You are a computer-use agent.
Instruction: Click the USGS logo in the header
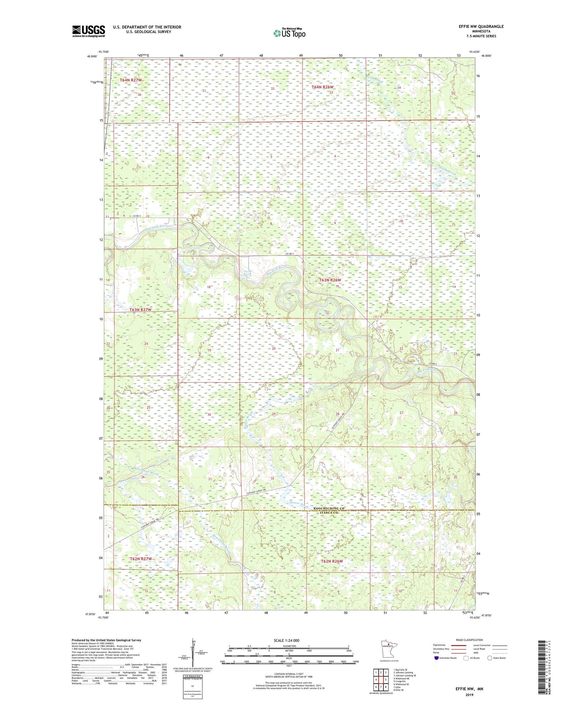pos(88,31)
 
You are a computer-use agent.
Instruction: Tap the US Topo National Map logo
pos(289,33)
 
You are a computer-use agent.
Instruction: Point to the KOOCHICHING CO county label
pos(329,508)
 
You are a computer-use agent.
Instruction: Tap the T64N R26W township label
pos(322,87)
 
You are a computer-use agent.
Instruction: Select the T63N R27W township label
pos(140,310)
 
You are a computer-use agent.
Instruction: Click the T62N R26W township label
pos(332,561)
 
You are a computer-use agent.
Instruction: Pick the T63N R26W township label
pos(330,280)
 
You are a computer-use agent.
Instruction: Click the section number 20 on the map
pos(274,349)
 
